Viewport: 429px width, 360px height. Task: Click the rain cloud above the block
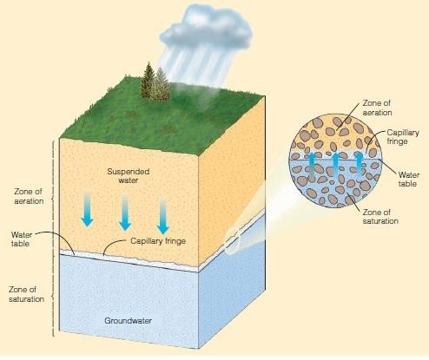[x=206, y=29]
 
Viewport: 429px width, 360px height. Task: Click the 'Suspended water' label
[x=129, y=176]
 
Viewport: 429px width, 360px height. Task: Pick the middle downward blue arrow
[x=125, y=213]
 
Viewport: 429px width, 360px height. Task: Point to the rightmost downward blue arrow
[x=162, y=216]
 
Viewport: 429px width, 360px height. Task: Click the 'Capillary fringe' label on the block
[x=158, y=241]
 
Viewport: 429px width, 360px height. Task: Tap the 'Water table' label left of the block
[x=21, y=239]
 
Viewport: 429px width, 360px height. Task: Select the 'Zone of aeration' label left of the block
[x=29, y=196]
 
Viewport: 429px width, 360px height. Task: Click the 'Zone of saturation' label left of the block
[x=26, y=294]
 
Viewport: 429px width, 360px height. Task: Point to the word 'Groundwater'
[x=128, y=321]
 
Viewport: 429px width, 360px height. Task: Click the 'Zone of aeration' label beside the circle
[x=377, y=108]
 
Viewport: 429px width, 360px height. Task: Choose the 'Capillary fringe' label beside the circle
[x=403, y=137]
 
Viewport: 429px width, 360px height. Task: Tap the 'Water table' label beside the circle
[x=408, y=180]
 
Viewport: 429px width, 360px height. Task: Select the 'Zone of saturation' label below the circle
[x=380, y=217]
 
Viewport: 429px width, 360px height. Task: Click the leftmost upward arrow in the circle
[x=312, y=166]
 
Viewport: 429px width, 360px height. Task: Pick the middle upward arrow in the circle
[x=335, y=166]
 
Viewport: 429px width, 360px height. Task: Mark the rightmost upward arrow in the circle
[x=359, y=166]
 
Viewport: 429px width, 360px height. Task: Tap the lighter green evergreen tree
[x=162, y=84]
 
